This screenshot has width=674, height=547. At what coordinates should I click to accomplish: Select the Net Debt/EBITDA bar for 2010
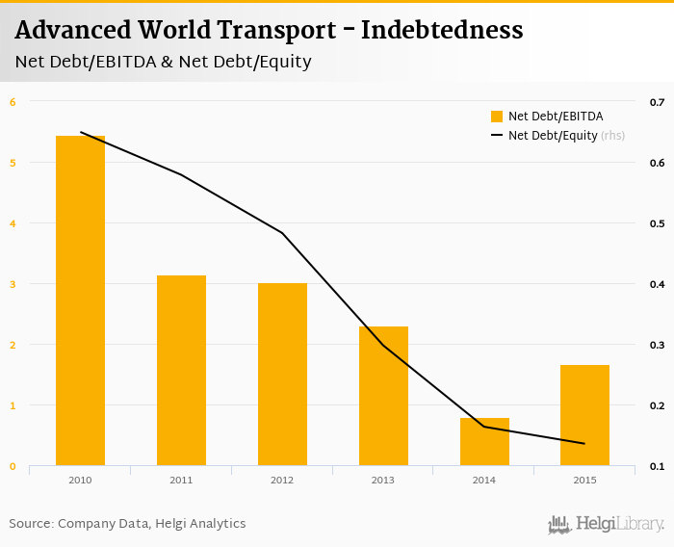pyautogui.click(x=80, y=300)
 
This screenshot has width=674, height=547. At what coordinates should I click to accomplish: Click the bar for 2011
pyautogui.click(x=181, y=371)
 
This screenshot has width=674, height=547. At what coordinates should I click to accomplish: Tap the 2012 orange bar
pyautogui.click(x=282, y=375)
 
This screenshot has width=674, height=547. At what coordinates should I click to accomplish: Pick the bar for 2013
pyautogui.click(x=383, y=396)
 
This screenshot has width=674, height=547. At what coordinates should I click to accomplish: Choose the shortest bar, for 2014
pyautogui.click(x=484, y=442)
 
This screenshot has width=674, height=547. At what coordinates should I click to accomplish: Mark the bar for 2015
pyautogui.click(x=584, y=415)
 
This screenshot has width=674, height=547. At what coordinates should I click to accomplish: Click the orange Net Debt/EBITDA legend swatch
pyautogui.click(x=497, y=117)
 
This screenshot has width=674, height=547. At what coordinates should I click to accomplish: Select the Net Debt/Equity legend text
pyautogui.click(x=553, y=136)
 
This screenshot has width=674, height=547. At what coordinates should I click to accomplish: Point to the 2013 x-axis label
pyautogui.click(x=383, y=480)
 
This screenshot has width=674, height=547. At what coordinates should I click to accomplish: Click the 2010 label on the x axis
pyautogui.click(x=80, y=480)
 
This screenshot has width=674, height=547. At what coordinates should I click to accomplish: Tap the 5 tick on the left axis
pyautogui.click(x=13, y=163)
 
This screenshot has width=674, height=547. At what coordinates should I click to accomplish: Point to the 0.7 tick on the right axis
pyautogui.click(x=658, y=102)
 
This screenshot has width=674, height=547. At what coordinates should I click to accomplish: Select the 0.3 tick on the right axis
pyautogui.click(x=658, y=345)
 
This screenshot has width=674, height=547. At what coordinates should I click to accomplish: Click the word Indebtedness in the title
pyautogui.click(x=442, y=31)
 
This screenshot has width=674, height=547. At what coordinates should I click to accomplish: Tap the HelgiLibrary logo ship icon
pyautogui.click(x=559, y=524)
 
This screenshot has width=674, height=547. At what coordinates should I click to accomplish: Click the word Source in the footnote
pyautogui.click(x=30, y=524)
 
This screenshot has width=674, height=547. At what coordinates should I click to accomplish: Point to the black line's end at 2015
pyautogui.click(x=584, y=443)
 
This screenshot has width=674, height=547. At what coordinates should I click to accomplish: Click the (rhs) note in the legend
pyautogui.click(x=613, y=136)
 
